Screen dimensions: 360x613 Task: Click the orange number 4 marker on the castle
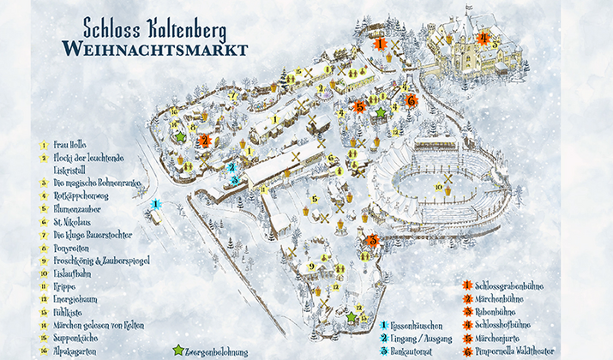(484, 38)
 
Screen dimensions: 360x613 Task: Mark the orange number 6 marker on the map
(412, 100)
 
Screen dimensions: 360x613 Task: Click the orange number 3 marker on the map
(372, 241)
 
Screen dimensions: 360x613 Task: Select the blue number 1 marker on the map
(156, 204)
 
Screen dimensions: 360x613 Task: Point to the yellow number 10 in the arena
(438, 186)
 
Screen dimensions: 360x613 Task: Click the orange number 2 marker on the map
(204, 140)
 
